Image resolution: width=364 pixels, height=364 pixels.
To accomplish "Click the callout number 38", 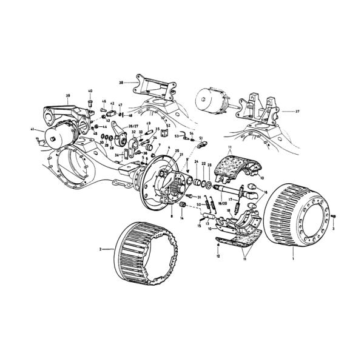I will coord(121,82).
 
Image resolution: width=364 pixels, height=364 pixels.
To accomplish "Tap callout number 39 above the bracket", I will coord(68,96).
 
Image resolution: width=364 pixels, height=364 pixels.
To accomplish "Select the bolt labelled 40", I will coord(90,103).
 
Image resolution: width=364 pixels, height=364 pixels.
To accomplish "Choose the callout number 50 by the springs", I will coord(198,206).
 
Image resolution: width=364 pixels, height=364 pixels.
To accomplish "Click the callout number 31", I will coord(199,197).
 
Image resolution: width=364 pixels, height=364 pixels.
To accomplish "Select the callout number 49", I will coord(149,124).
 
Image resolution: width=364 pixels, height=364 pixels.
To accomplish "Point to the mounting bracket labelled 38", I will coord(152,86).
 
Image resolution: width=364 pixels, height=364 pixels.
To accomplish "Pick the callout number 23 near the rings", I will coord(209,164).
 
